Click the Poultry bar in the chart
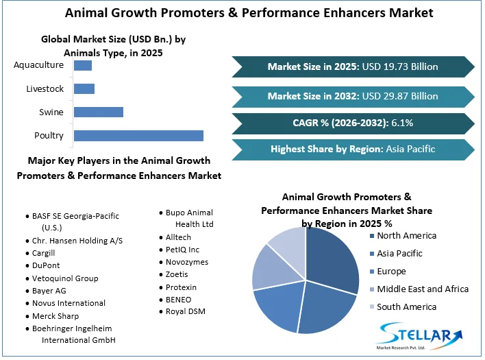click(x=138, y=135)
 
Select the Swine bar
click(x=98, y=112)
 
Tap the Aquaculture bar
click(x=82, y=65)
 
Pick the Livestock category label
click(x=45, y=88)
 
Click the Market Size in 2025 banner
click(x=353, y=67)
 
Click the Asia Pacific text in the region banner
click(x=410, y=149)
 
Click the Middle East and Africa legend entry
click(x=423, y=289)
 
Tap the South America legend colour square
click(x=373, y=307)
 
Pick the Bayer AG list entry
click(x=49, y=291)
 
